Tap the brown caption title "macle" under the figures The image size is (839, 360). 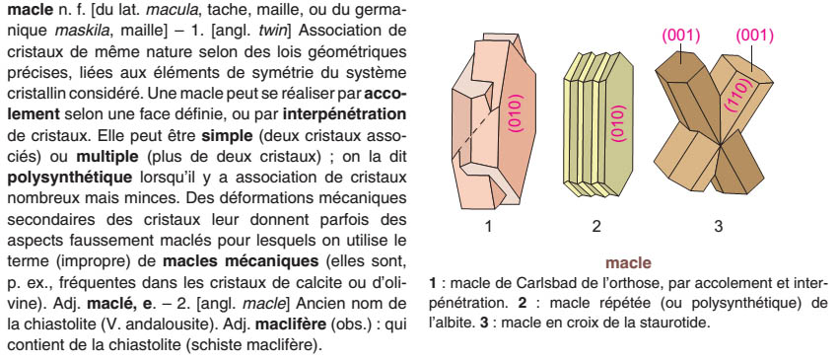(x=628, y=262)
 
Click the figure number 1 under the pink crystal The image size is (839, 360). (x=488, y=226)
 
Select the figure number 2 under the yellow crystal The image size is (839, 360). (x=596, y=226)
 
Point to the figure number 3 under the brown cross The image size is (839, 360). (x=718, y=226)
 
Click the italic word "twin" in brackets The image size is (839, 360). (x=273, y=31)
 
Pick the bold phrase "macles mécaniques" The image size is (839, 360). (x=240, y=261)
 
